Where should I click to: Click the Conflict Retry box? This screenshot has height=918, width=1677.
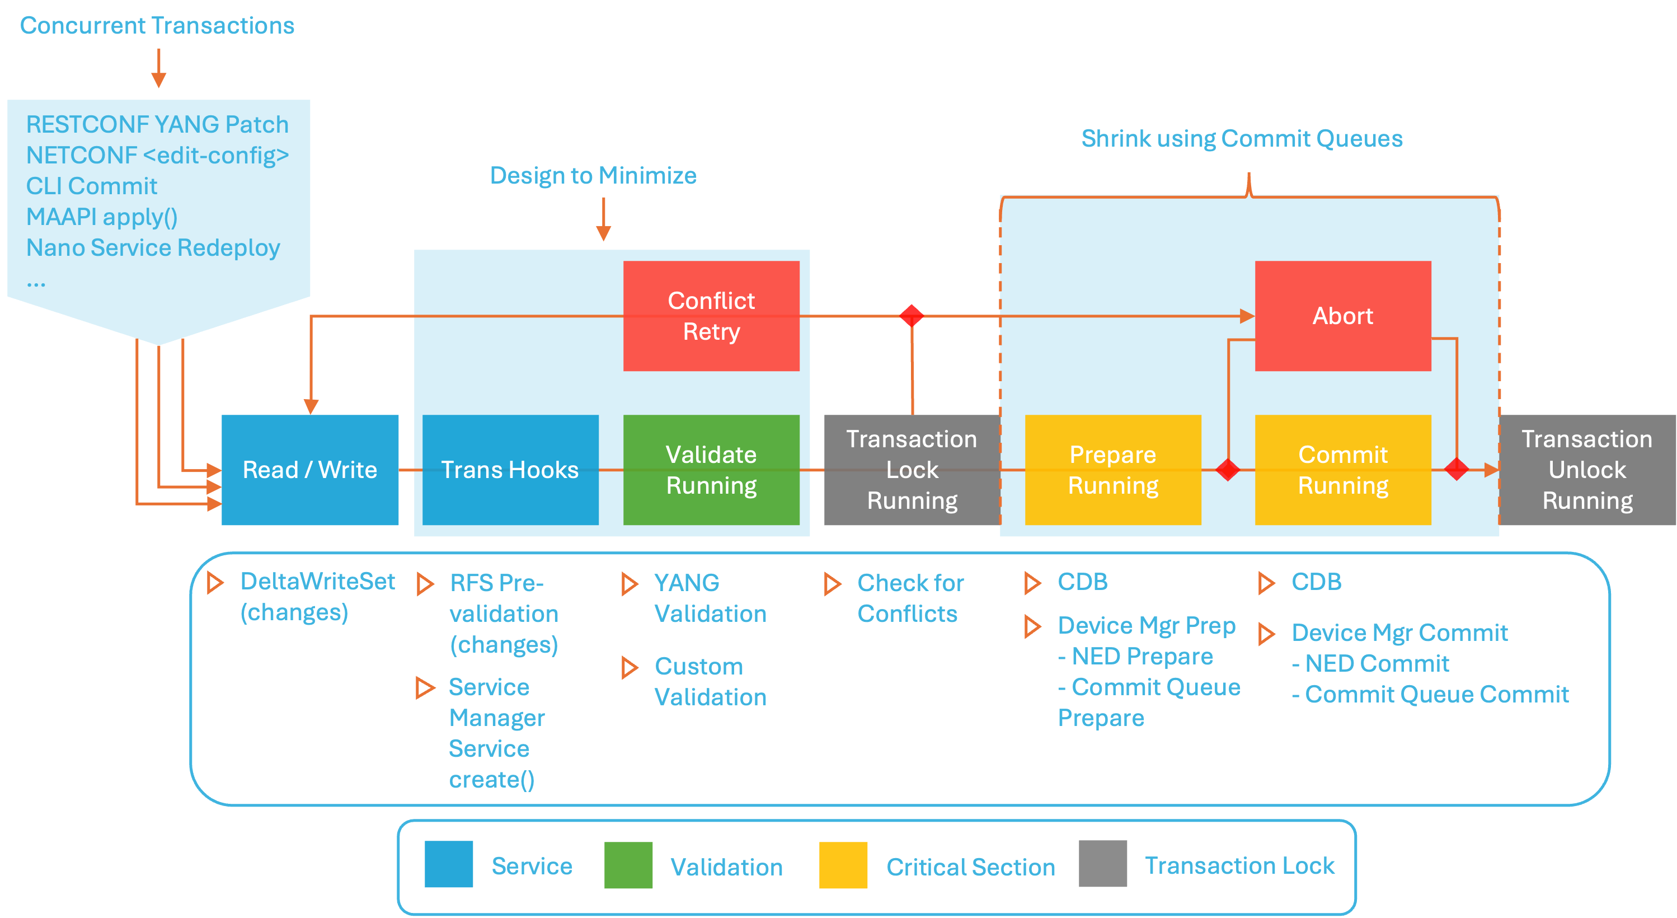tap(711, 316)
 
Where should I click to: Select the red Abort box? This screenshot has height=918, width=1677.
tap(1342, 316)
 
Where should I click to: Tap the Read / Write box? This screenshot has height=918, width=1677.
tap(310, 470)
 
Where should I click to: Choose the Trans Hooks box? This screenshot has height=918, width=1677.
tap(510, 470)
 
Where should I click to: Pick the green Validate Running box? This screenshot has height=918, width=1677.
tap(711, 470)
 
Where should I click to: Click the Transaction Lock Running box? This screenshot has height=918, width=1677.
tap(912, 470)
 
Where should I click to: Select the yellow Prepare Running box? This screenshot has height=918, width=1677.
tap(1112, 470)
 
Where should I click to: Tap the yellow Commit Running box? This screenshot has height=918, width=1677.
tap(1342, 470)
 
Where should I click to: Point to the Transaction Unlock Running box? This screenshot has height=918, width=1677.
tap(1587, 470)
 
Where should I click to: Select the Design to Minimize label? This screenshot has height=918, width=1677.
tap(593, 175)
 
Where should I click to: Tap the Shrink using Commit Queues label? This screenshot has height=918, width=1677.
tap(1242, 139)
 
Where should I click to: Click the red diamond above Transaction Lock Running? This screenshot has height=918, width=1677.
tap(912, 316)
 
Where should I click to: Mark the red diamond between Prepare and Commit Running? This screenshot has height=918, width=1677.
tap(1228, 470)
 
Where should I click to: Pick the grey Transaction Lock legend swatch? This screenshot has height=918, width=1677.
tap(1103, 864)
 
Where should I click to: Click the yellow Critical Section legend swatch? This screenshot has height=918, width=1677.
tap(843, 865)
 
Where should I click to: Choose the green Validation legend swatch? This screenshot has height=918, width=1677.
tap(628, 865)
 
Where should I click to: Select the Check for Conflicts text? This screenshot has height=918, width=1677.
tap(909, 598)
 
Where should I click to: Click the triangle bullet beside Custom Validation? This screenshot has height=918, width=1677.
tap(629, 667)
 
